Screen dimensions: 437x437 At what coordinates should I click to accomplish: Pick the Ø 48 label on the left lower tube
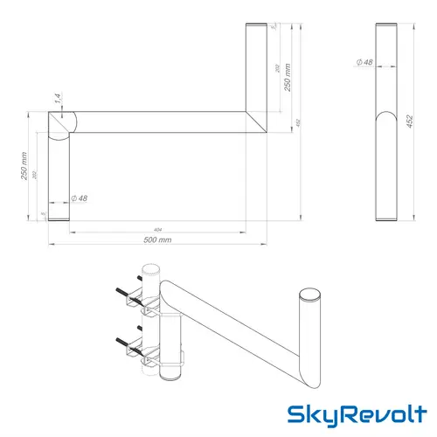(79, 198)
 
